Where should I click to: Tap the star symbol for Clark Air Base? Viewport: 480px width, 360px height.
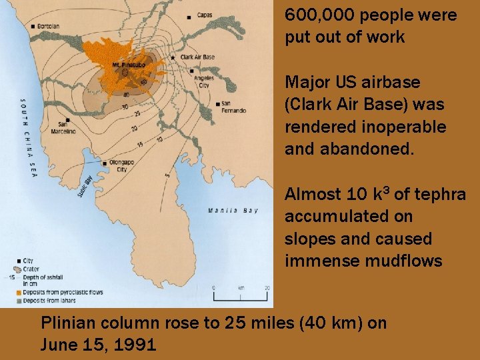(x=173, y=58)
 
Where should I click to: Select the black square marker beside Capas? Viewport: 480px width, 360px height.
(x=190, y=15)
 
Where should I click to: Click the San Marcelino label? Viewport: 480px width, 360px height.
(x=63, y=128)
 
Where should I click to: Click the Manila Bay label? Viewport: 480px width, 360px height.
(x=232, y=211)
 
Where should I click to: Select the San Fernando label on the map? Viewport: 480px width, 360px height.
(x=234, y=107)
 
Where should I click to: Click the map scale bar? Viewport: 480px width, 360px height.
(x=240, y=295)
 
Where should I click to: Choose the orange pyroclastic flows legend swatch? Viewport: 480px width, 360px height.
(x=19, y=292)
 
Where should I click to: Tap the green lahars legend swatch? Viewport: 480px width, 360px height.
(x=19, y=300)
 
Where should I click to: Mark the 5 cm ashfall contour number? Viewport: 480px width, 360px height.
(x=167, y=175)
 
